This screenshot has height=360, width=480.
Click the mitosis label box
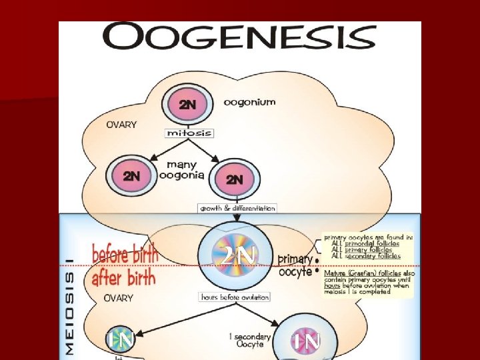pyautogui.click(x=189, y=133)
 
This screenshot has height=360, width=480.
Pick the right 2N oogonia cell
pyautogui.click(x=235, y=179)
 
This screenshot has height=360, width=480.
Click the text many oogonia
pyautogui.click(x=181, y=169)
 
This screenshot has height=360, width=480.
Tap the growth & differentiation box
pyautogui.click(x=237, y=208)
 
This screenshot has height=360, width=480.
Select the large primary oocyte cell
pyautogui.click(x=233, y=256)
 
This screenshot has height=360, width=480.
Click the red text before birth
pyautogui.click(x=125, y=254)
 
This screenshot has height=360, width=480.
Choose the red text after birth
pyautogui.click(x=123, y=276)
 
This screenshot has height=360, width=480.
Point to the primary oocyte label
pyautogui.click(x=295, y=265)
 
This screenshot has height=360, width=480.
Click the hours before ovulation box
pyautogui.click(x=234, y=297)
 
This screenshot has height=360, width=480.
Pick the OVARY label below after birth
pyautogui.click(x=119, y=298)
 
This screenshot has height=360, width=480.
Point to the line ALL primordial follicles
pyautogui.click(x=366, y=243)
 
